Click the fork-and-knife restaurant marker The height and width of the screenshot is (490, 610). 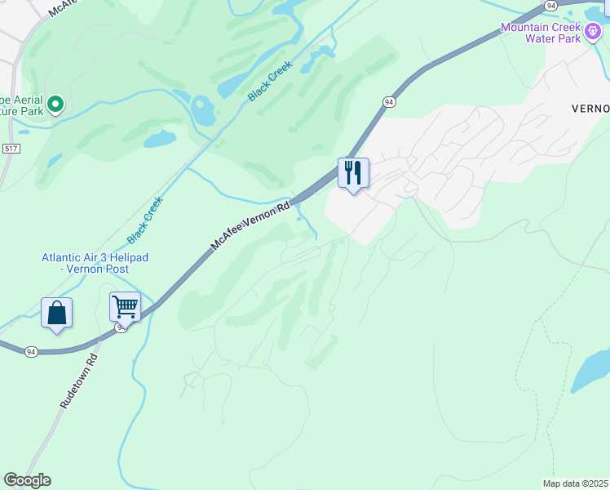pos(353,173)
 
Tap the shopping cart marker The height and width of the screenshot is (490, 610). pos(125,307)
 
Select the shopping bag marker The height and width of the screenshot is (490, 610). pos(56,313)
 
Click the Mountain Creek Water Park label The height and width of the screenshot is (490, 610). pos(541,33)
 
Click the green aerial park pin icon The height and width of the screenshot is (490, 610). pos(55,104)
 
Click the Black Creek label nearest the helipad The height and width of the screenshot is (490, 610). pos(145,220)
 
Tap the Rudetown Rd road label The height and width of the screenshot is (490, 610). pos(79,381)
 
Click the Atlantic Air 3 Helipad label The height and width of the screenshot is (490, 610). pos(95,263)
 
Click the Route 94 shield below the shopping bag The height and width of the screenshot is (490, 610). pos(31,351)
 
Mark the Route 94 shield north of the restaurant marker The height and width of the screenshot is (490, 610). pos(389,101)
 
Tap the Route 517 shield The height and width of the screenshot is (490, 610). pos(11,148)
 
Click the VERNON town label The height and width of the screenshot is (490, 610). pos(590,109)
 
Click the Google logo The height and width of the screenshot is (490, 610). pos(27,480)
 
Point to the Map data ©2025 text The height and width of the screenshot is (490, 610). pos(576,483)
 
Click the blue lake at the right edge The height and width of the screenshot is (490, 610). pos(594,372)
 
